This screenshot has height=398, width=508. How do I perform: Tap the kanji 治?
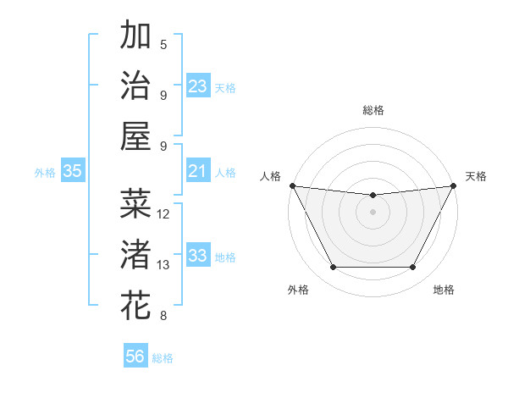(135, 86)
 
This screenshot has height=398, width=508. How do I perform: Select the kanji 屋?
(135, 136)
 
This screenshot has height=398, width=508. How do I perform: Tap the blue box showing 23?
(198, 86)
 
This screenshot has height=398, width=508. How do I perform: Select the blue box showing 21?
(198, 171)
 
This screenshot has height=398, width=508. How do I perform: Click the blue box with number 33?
(198, 256)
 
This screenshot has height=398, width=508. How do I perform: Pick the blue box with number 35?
(73, 171)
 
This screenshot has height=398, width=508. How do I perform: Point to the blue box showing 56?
(135, 357)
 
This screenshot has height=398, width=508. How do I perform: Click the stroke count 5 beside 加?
(163, 45)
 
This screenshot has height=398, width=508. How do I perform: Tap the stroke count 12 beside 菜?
(163, 214)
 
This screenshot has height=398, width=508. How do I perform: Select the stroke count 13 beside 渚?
(163, 265)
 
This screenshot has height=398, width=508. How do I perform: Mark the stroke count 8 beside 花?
(163, 317)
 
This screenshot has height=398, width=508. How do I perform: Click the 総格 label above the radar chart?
(373, 111)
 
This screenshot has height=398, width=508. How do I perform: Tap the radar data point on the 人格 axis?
(292, 185)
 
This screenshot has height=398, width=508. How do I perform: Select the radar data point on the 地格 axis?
(413, 268)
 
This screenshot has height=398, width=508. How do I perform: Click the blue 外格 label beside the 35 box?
(45, 172)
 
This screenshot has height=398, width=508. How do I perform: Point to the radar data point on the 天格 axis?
(454, 185)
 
